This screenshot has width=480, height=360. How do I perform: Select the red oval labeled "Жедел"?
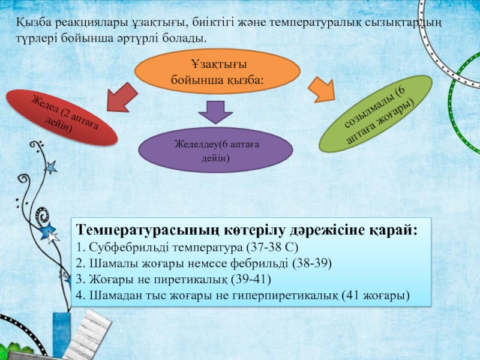pos(62,118)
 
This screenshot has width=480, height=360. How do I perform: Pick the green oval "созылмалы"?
pos(375,113)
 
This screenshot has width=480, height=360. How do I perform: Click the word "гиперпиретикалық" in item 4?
pos(287,296)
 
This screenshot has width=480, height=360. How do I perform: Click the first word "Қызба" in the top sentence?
pos(34,23)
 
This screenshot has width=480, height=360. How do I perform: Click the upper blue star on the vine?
pos(50,167)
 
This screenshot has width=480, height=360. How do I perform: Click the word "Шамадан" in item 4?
pos(111,296)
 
